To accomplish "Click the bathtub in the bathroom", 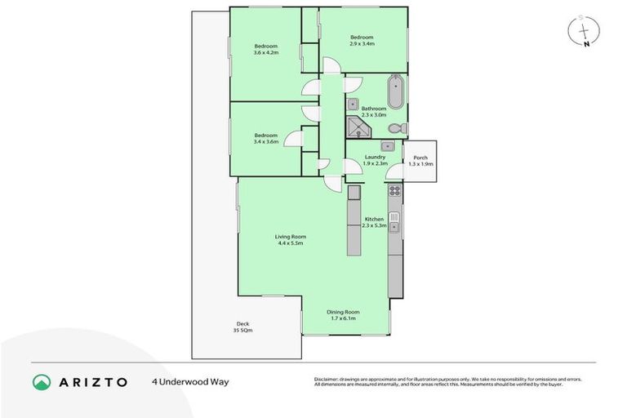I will coord(395,91).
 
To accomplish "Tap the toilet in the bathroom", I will coord(396,129).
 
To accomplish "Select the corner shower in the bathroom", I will coord(357,128).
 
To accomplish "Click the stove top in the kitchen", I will coord(394,192).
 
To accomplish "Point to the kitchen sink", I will coord(394,220).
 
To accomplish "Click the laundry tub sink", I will coord(389,146).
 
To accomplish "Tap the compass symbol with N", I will coord(583,31).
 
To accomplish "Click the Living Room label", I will coord(291,239).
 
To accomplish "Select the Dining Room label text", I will coord(343,315).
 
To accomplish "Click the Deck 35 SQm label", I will coord(243,327).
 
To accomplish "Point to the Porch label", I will coord(420,161).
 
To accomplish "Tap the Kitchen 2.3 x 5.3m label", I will coord(374,222).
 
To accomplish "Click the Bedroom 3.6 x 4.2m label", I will coord(265,48).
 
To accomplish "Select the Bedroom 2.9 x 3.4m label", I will coord(362,40).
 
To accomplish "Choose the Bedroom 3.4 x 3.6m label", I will coord(265,138).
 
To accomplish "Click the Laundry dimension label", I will coord(363,163).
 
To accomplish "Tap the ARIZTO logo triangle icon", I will coord(42,381).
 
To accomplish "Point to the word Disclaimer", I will coord(328,379).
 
